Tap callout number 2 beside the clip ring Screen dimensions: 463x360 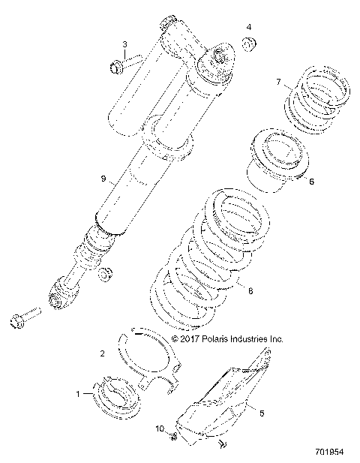click(x=102, y=352)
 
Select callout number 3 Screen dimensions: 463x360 click(x=124, y=45)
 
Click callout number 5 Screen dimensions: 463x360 click(x=262, y=412)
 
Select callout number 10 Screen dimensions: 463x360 click(x=158, y=428)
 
